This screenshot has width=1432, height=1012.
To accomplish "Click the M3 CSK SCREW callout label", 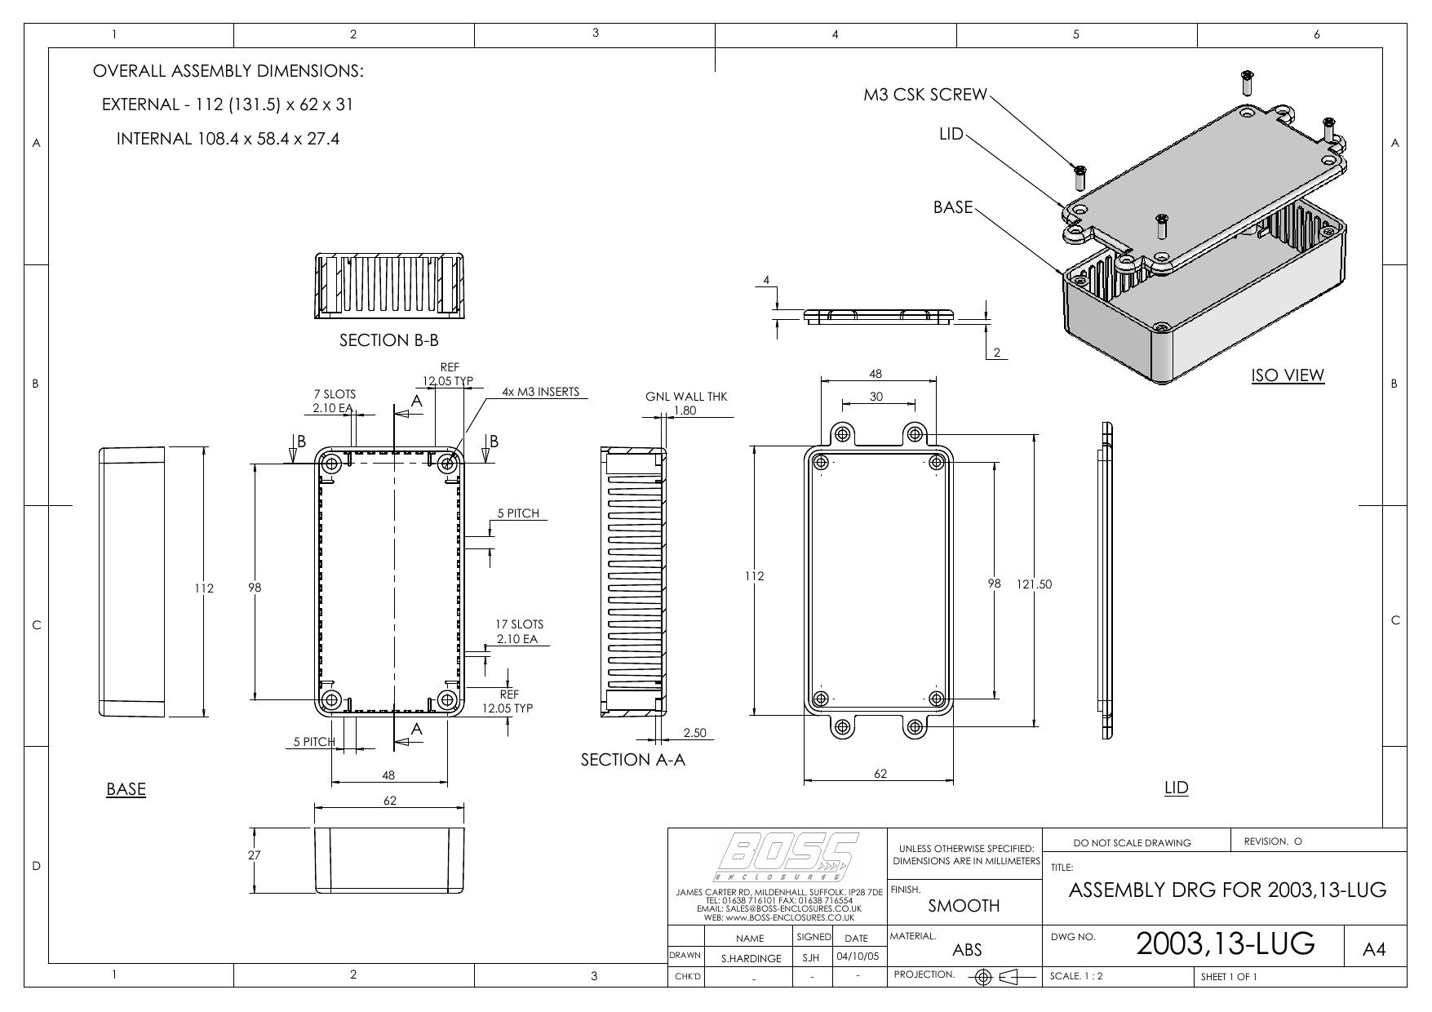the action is tap(925, 95).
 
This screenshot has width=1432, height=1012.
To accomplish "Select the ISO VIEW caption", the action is tap(1288, 375).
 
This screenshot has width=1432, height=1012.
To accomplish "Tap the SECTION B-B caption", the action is tap(389, 340).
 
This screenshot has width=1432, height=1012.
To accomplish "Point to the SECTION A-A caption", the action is tap(632, 760).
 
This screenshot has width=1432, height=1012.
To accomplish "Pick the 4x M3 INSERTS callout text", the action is tap(540, 392).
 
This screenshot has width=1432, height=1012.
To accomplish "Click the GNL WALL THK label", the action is tap(685, 397).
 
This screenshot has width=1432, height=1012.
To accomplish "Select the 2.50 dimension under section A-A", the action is tap(694, 733).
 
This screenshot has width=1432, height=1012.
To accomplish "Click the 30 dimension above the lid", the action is tap(876, 397).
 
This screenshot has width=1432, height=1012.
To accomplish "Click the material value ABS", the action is tap(967, 950).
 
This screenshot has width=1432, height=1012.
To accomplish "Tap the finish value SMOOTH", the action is tap(964, 906).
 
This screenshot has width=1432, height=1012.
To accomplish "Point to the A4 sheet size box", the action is tap(1375, 950).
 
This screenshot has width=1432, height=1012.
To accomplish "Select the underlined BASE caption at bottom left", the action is tap(126, 789).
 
